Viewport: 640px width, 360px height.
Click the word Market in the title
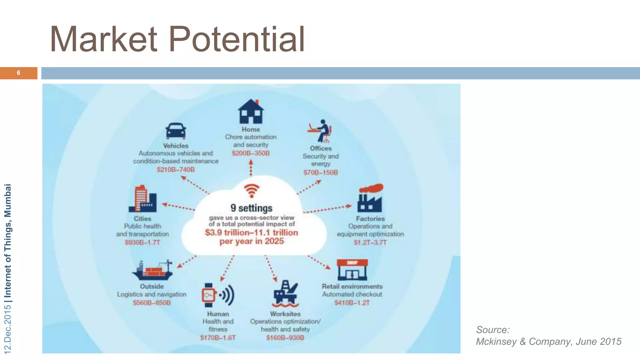[x=103, y=39]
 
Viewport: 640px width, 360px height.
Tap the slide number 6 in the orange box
[x=18, y=73]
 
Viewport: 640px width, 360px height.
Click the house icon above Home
[x=251, y=112]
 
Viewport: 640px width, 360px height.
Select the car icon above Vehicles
[x=176, y=131]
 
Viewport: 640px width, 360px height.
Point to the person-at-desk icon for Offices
[x=320, y=131]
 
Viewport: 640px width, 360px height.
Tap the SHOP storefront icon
[x=352, y=270]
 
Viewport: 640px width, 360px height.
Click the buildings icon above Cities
[x=142, y=199]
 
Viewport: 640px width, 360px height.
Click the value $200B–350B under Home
[x=251, y=153]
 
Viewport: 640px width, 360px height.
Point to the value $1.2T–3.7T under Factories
[x=370, y=242]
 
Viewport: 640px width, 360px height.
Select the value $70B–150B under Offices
[x=321, y=172]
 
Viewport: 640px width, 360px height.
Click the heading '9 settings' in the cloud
[x=252, y=208]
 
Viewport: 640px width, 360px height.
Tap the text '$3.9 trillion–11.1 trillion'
[x=252, y=232]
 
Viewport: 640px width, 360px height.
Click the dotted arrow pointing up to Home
[x=251, y=168]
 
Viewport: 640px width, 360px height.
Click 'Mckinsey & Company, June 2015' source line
[x=548, y=342]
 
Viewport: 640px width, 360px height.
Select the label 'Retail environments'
[x=352, y=286]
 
